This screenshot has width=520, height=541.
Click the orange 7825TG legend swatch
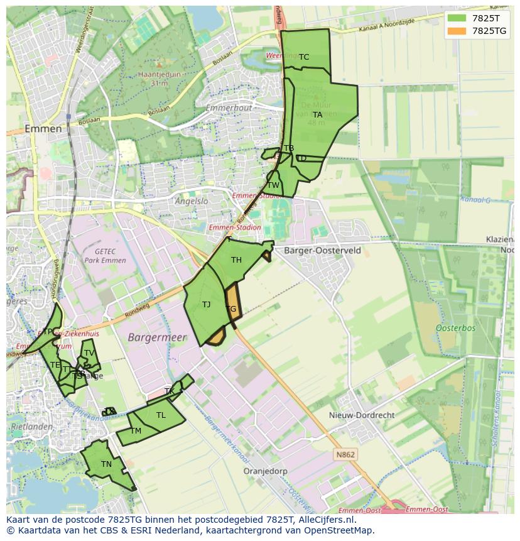[x=457, y=31]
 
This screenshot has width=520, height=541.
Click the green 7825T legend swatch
[x=457, y=18]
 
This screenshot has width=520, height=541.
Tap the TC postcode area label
[x=304, y=57]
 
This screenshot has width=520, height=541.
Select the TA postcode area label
[x=317, y=115]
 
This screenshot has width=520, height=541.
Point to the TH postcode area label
[x=236, y=260]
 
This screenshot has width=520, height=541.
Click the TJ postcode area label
[x=206, y=305]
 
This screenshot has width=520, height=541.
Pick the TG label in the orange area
[x=231, y=309]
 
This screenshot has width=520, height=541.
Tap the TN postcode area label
[x=106, y=464]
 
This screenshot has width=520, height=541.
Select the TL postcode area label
[x=161, y=415]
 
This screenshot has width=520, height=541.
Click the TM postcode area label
[x=136, y=431]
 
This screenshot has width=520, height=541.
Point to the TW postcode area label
[x=273, y=185]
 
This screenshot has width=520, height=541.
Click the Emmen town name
[x=43, y=129]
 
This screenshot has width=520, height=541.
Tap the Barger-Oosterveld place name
[x=322, y=250]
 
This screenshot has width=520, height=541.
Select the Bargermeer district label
[x=157, y=337]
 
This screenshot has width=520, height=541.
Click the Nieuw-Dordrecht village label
[x=362, y=415]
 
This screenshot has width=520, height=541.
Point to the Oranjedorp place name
[x=265, y=471]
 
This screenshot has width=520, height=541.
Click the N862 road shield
[x=345, y=455]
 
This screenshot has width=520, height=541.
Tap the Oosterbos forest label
[x=455, y=328]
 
